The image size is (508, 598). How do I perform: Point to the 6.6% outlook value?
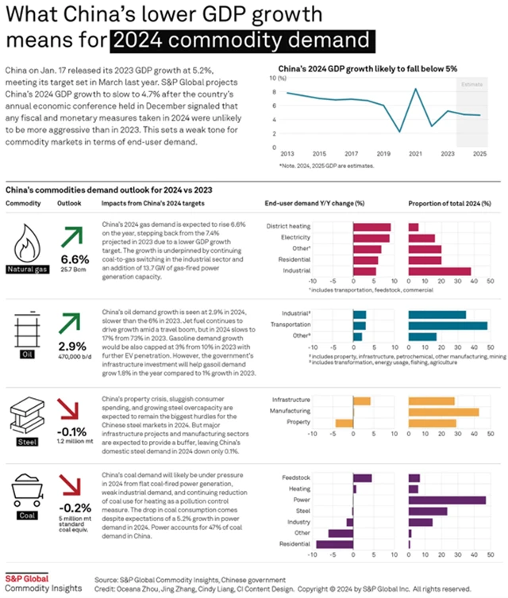coord(75,259)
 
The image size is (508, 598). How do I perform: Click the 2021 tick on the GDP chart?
coord(414,153)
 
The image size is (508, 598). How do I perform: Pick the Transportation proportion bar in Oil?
coord(447,325)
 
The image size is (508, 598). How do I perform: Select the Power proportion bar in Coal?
coord(446,500)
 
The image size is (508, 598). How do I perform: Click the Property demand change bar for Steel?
coord(342,423)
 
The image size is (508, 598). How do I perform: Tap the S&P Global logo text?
coord(26,577)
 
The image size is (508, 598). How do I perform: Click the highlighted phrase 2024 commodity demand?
coord(243,40)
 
